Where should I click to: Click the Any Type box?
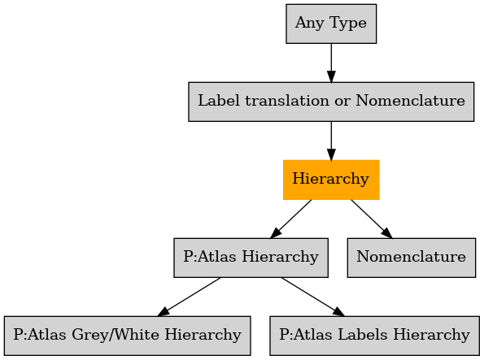[331, 24]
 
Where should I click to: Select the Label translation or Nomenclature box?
[331, 102]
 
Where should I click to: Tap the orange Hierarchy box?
[331, 180]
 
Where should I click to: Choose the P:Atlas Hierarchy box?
[251, 258]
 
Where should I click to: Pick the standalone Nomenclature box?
[411, 258]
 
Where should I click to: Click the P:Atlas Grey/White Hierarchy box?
[127, 336]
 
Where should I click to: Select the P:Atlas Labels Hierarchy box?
[374, 336]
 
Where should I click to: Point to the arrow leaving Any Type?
[331, 63]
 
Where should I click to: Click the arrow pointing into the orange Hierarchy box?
[331, 141]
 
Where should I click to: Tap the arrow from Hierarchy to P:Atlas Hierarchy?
[290, 219]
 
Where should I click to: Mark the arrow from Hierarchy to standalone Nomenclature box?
[371, 219]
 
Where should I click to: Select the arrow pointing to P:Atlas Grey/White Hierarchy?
[189, 297]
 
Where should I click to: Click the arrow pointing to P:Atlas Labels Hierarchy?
[312, 297]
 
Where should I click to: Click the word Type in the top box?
[348, 24]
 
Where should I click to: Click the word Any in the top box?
[310, 24]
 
